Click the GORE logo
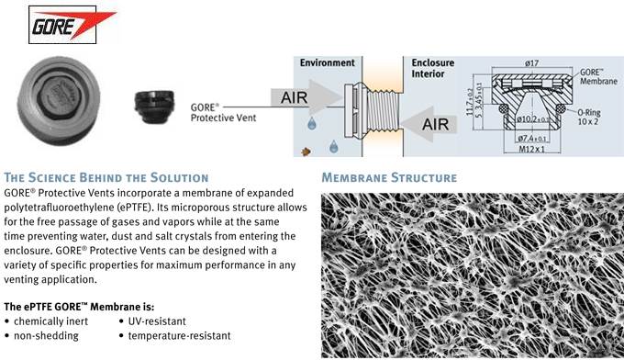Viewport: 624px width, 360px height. pyautogui.click(x=62, y=25)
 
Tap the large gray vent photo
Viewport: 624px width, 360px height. pyautogui.click(x=59, y=101)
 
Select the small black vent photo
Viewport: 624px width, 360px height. pyautogui.click(x=154, y=107)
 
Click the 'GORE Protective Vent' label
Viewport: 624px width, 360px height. pyautogui.click(x=223, y=113)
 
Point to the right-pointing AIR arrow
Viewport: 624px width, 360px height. pyautogui.click(x=306, y=97)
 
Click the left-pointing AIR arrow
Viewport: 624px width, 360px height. pyautogui.click(x=430, y=124)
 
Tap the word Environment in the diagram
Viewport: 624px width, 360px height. pyautogui.click(x=327, y=63)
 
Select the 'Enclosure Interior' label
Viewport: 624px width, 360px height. pyautogui.click(x=433, y=68)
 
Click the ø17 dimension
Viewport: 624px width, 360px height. pyautogui.click(x=531, y=63)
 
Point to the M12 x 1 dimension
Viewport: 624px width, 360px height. pyautogui.click(x=531, y=150)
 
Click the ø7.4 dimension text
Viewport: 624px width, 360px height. pyautogui.click(x=531, y=138)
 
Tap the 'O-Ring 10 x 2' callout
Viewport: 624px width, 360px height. pyautogui.click(x=588, y=117)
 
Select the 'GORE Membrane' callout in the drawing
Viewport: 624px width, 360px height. pyautogui.click(x=598, y=76)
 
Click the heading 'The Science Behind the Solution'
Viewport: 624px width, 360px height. pyautogui.click(x=106, y=177)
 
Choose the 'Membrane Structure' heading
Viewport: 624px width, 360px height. pyautogui.click(x=389, y=177)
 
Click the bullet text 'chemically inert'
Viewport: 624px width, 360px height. pyautogui.click(x=51, y=321)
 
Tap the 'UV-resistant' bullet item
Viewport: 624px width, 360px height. pyautogui.click(x=157, y=321)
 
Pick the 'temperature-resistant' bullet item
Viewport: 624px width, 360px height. pyautogui.click(x=179, y=336)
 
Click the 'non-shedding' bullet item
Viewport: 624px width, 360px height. pyautogui.click(x=46, y=336)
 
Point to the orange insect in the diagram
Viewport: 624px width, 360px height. pyautogui.click(x=306, y=152)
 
